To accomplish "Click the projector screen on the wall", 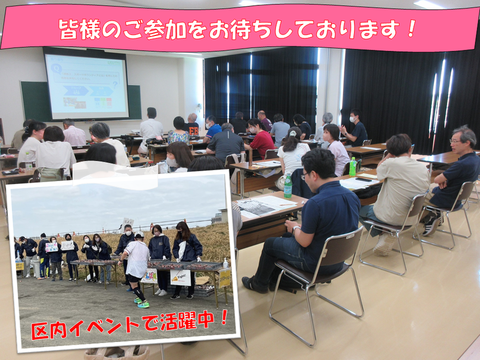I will point(86,84).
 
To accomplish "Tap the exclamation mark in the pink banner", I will point(411,29).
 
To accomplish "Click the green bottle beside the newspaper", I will point(287,185).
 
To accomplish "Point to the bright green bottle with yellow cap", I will point(353,166).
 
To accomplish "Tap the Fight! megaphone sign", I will point(181,277).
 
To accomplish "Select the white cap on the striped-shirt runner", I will point(139,235).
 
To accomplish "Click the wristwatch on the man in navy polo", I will point(296,230).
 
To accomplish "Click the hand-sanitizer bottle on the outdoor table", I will point(225,263).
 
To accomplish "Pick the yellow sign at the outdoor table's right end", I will point(225,278).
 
